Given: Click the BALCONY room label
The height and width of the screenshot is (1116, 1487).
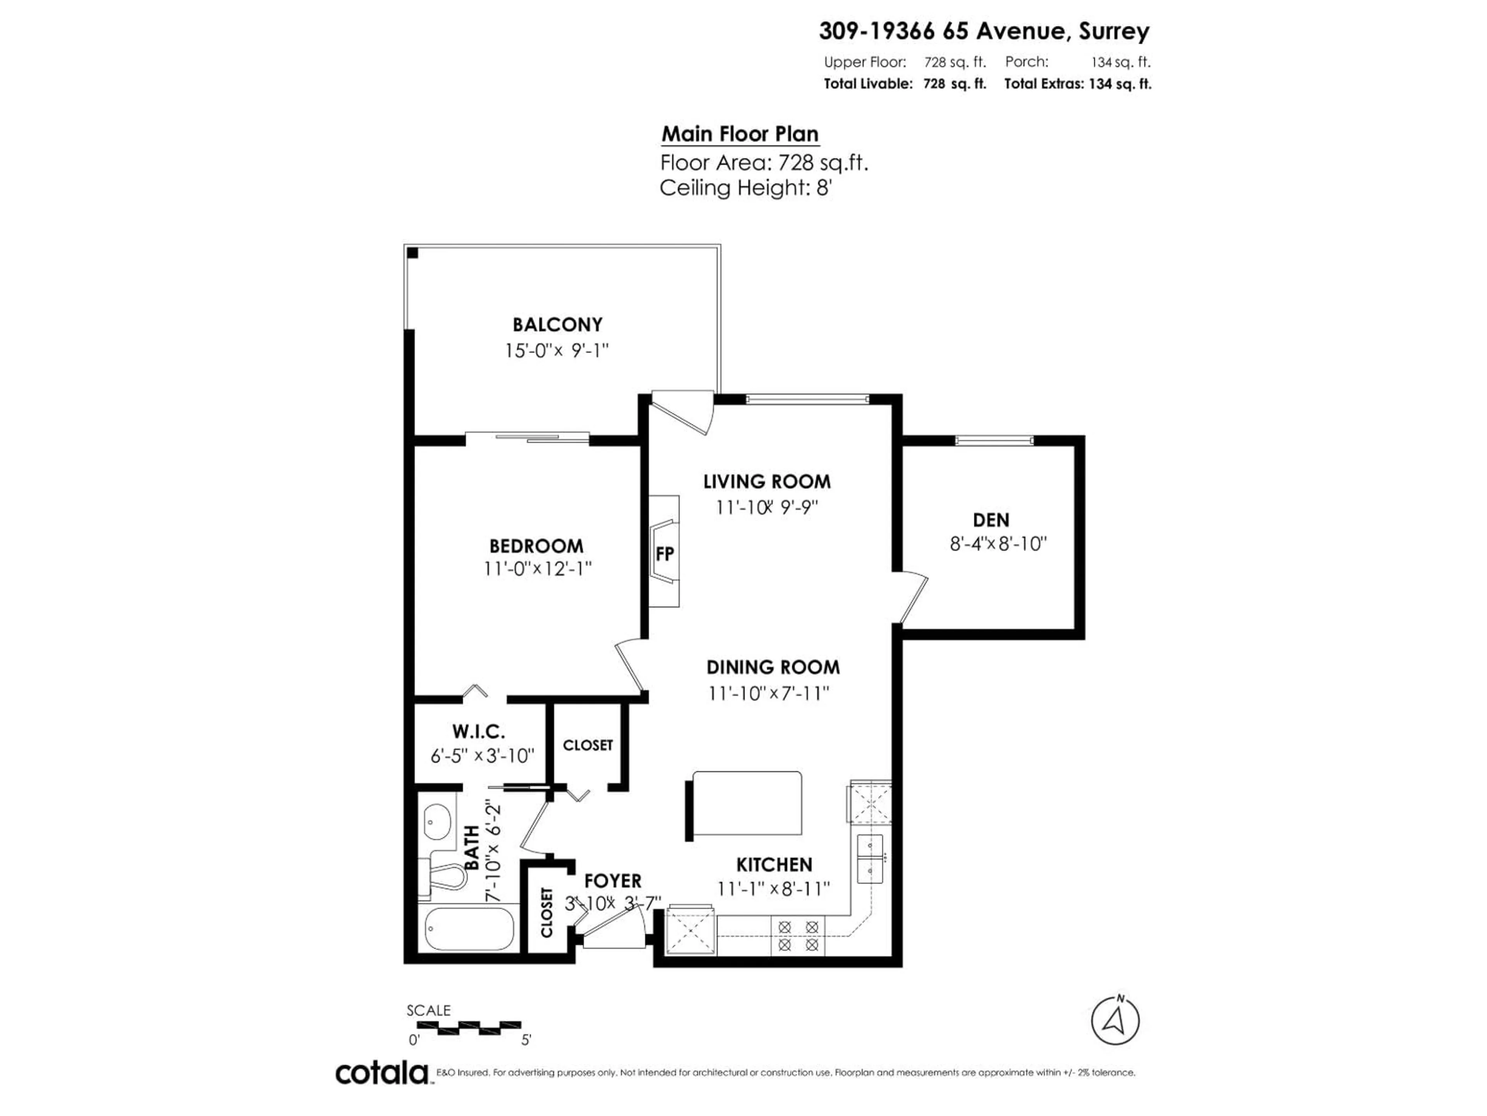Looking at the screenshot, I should [x=557, y=325].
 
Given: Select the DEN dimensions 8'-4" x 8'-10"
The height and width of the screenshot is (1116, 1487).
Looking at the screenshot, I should [x=998, y=544].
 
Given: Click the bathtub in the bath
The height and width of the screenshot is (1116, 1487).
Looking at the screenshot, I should [x=470, y=929].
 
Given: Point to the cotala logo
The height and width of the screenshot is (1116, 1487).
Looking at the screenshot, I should [x=381, y=1073].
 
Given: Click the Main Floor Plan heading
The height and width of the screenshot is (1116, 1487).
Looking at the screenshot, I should [x=740, y=134].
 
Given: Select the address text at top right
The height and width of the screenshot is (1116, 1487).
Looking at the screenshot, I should [x=984, y=31].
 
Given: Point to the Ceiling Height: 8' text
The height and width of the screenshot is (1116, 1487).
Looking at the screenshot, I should [x=745, y=188].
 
